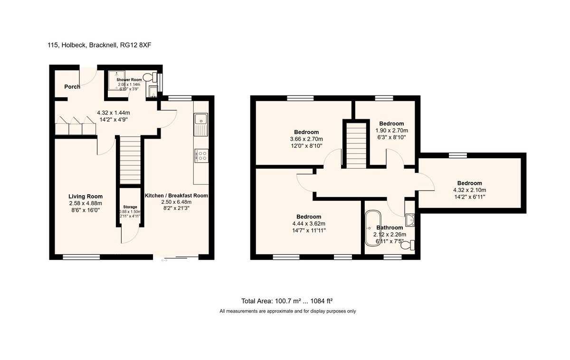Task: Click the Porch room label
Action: click(x=72, y=87)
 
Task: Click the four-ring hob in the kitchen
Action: click(x=201, y=156)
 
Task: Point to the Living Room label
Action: click(x=85, y=196)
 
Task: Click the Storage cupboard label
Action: click(x=130, y=207)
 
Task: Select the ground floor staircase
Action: click(x=130, y=160)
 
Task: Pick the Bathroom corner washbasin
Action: click(x=410, y=219)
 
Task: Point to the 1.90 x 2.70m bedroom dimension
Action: click(x=391, y=130)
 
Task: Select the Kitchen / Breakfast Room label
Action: click(x=176, y=195)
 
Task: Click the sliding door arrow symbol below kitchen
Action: click(x=164, y=260)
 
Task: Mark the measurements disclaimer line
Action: click(x=287, y=312)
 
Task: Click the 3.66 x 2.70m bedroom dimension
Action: click(x=306, y=139)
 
